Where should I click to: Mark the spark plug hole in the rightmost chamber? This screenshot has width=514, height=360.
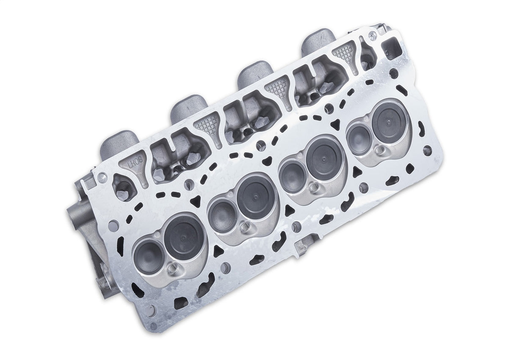(x=380, y=150)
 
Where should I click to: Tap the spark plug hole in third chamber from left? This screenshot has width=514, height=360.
(x=314, y=188)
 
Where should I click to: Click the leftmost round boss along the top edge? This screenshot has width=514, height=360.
(x=120, y=142)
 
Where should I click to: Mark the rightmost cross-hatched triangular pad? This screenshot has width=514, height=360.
(x=343, y=54)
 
